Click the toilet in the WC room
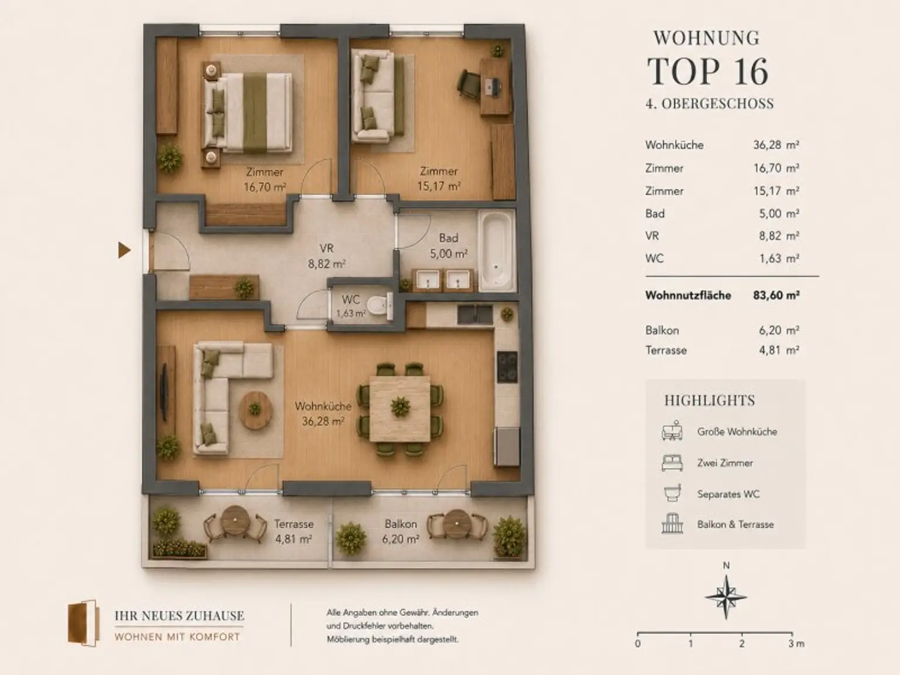click(x=380, y=306)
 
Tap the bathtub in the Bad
click(x=496, y=251)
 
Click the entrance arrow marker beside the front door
click(x=124, y=250)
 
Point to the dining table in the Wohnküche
click(x=400, y=408)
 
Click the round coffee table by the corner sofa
click(x=255, y=410)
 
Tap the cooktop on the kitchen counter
click(x=507, y=367)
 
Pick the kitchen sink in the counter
click(x=475, y=315)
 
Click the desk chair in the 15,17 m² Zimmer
click(x=469, y=84)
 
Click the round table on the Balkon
click(x=457, y=524)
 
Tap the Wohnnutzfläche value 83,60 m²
click(x=776, y=295)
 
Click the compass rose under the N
click(x=726, y=596)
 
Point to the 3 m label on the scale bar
click(x=796, y=644)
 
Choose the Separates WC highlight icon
click(x=672, y=493)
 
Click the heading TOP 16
click(x=707, y=71)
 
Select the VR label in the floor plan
click(x=326, y=248)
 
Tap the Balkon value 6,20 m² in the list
click(x=779, y=330)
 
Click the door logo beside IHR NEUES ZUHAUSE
click(x=84, y=623)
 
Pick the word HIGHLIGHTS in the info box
click(x=710, y=400)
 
